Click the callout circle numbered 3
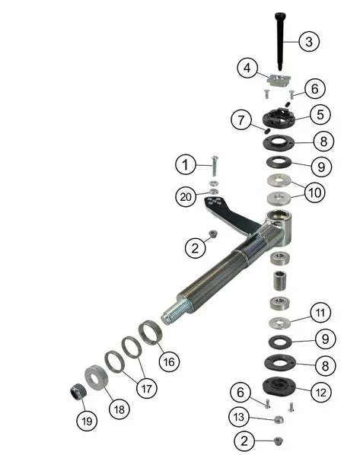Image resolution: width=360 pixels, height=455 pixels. point(308,41)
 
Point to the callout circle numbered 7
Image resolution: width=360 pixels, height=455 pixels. point(241,120)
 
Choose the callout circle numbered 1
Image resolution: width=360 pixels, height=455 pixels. point(184,164)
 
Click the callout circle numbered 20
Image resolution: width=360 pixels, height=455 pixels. point(185,196)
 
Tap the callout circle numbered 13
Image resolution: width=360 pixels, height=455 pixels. point(240,417)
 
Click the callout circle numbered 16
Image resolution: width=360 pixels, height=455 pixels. point(170,361)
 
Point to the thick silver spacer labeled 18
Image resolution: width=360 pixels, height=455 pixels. point(97,377)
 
